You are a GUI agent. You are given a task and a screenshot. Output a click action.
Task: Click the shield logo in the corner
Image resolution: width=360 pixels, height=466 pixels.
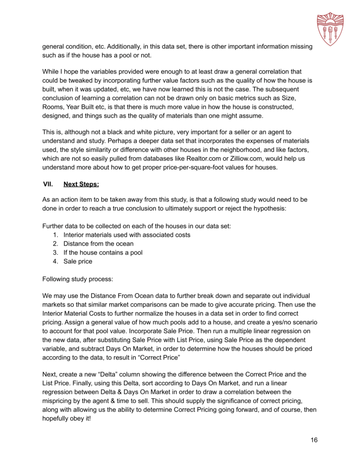(x=330, y=28)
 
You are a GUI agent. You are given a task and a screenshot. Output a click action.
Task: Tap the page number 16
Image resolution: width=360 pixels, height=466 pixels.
(x=314, y=440)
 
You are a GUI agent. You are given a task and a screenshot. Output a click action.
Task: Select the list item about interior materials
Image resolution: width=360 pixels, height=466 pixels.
(x=127, y=235)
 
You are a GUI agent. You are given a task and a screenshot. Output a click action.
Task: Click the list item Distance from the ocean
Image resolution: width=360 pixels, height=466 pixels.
(x=98, y=243)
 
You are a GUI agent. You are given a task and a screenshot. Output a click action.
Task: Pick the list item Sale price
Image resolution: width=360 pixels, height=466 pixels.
(x=77, y=261)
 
